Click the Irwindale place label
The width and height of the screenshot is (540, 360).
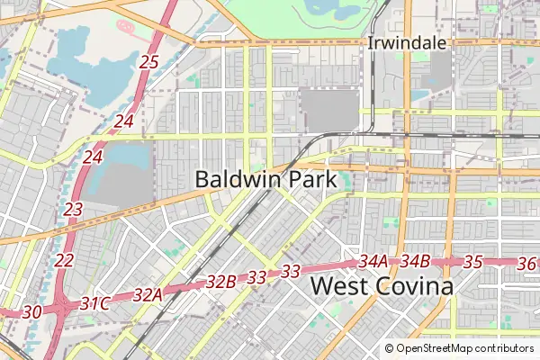tap(401, 43)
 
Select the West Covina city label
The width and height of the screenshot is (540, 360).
tap(382, 287)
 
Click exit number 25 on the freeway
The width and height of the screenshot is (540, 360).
tap(149, 62)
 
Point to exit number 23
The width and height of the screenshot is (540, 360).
tap(74, 209)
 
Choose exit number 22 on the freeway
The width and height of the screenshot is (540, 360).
tap(64, 260)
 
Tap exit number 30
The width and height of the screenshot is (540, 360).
tap(31, 311)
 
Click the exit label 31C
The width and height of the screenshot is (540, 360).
tap(94, 303)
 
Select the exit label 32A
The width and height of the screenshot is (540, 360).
tap(147, 294)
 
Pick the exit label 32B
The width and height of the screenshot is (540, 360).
tap(220, 282)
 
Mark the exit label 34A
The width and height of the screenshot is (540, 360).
tap(372, 262)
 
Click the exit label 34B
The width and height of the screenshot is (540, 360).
tap(415, 262)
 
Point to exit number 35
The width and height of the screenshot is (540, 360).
tap(473, 263)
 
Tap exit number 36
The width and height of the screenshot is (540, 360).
tap(527, 263)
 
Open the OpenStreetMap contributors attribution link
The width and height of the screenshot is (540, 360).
tap(464, 348)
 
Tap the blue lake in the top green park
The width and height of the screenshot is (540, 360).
tap(337, 13)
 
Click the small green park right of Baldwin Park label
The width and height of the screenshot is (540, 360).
tap(347, 182)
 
